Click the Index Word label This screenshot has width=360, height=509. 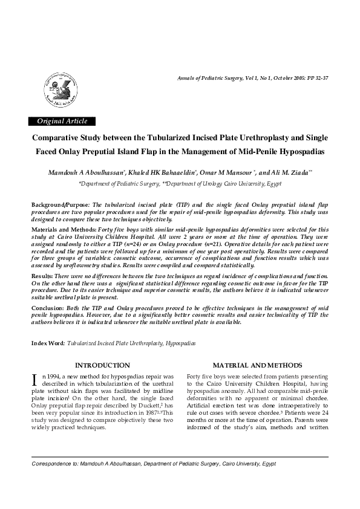click(48, 343)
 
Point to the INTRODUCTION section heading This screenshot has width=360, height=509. click(102, 365)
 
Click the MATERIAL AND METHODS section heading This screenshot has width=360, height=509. click(257, 365)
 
